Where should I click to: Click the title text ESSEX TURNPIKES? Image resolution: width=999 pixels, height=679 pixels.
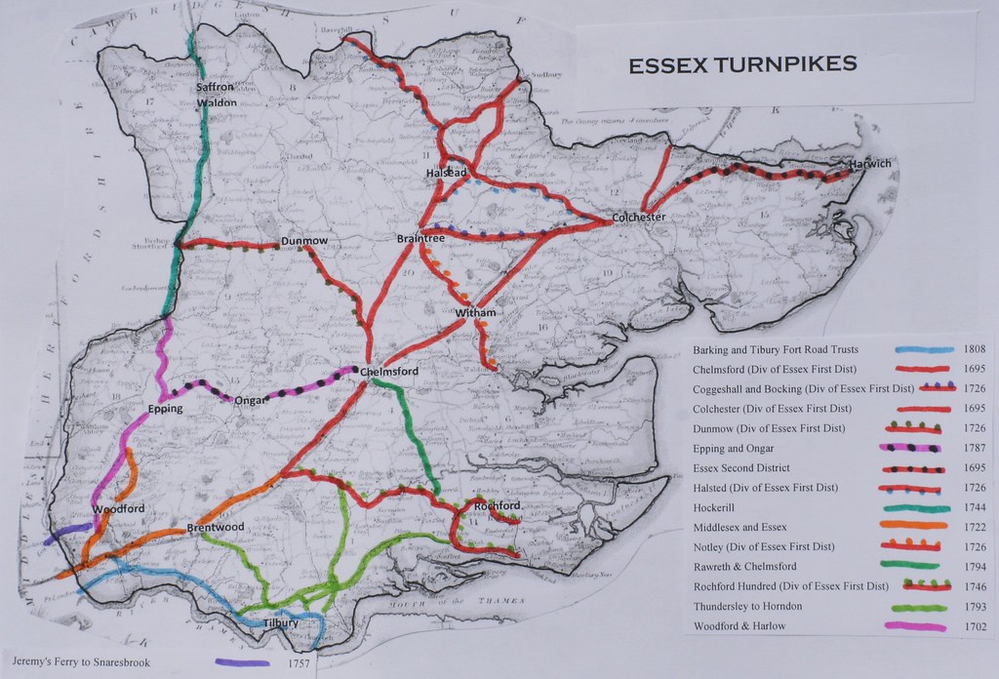[x=742, y=64]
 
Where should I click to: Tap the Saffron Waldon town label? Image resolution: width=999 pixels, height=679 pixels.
[x=215, y=94]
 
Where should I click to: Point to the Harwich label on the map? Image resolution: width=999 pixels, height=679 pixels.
[x=869, y=163]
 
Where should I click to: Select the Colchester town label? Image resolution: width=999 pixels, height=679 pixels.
[x=639, y=217]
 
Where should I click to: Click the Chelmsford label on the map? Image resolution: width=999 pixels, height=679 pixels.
[x=389, y=372]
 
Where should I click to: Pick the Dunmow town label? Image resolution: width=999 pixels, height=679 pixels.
[x=304, y=240]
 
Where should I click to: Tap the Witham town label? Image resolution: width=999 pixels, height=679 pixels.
[x=476, y=312]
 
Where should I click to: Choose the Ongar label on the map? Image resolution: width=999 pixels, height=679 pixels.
[x=251, y=398]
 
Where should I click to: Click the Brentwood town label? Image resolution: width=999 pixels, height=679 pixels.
[x=215, y=528]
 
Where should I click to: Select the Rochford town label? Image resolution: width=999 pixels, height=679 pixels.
[x=497, y=506]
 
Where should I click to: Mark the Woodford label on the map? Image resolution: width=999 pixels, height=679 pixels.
[x=118, y=509]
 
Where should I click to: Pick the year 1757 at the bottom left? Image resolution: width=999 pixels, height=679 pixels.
[x=302, y=663]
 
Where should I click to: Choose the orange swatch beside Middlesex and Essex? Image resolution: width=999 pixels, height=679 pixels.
[x=916, y=527]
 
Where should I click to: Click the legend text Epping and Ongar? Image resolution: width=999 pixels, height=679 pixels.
[x=734, y=448]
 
